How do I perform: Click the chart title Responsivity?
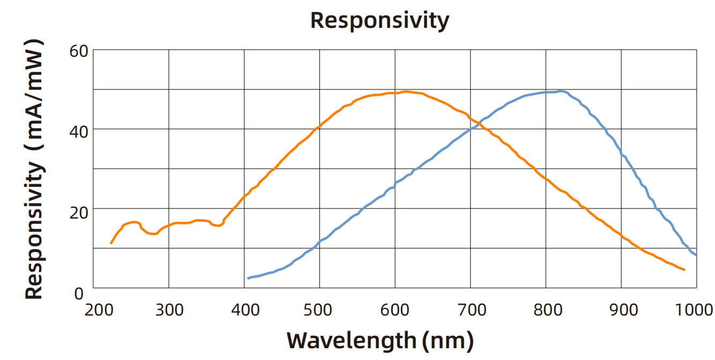pyautogui.click(x=379, y=20)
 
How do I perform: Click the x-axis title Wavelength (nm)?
pyautogui.click(x=380, y=341)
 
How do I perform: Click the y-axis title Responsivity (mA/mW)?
pyautogui.click(x=34, y=169)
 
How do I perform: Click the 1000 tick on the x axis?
pyautogui.click(x=695, y=310)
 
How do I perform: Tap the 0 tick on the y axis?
pyautogui.click(x=79, y=292)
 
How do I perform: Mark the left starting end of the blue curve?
pyautogui.click(x=248, y=279)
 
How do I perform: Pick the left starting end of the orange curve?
pyautogui.click(x=111, y=244)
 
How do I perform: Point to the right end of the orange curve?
pyautogui.click(x=684, y=269)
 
